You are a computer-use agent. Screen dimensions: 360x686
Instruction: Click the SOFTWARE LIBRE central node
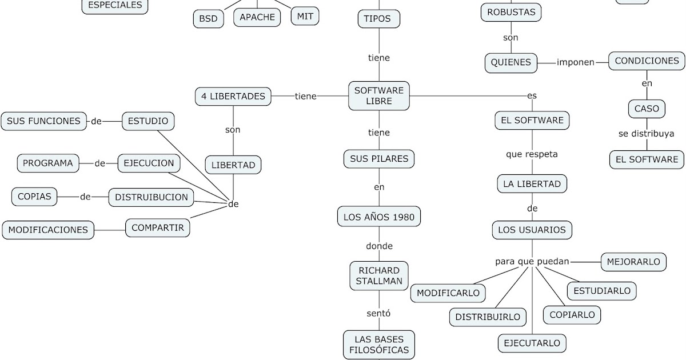point(378,95)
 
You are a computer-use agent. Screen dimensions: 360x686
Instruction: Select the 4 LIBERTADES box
point(233,96)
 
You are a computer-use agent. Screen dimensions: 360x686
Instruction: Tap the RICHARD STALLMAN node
point(378,275)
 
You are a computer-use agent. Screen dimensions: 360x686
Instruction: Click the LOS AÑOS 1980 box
point(378,217)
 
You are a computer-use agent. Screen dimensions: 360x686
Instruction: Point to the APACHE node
point(257,17)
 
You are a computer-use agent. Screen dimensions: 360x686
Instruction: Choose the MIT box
point(305,17)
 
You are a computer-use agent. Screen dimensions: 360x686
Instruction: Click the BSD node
point(208,18)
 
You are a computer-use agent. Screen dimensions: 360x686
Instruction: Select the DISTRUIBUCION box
point(151,197)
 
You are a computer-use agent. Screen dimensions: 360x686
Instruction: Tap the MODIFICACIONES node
point(48,230)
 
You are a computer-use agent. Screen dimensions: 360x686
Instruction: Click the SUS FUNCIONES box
point(43,121)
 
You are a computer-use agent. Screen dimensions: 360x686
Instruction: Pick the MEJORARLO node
point(633,262)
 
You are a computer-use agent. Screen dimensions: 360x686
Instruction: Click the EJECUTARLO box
point(532,343)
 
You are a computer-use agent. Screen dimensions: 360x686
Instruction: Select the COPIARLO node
point(572,314)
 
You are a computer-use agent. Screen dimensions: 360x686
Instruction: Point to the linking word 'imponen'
point(575,62)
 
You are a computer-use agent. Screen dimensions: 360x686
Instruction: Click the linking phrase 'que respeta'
point(532,154)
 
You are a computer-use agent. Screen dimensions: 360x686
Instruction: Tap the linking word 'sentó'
point(378,313)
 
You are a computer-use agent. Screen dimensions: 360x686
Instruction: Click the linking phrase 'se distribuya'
point(646,134)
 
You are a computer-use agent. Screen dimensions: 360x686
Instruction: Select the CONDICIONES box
point(647,61)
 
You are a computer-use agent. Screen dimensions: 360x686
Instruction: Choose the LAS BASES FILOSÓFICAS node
point(378,344)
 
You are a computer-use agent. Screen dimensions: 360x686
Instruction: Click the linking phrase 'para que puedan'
point(532,262)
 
